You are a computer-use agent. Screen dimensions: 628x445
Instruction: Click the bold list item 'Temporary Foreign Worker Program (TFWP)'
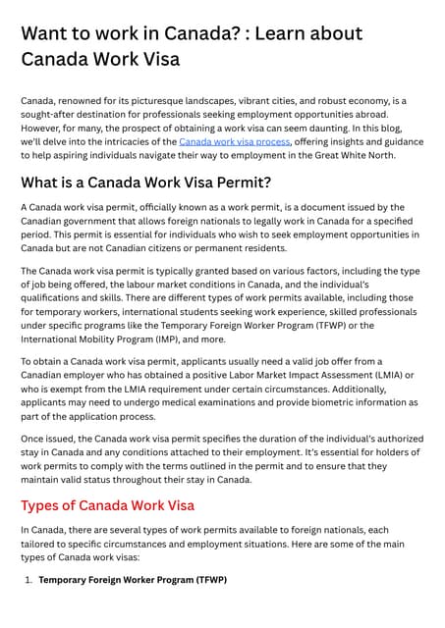133,580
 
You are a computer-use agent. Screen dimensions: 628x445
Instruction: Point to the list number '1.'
28,580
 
